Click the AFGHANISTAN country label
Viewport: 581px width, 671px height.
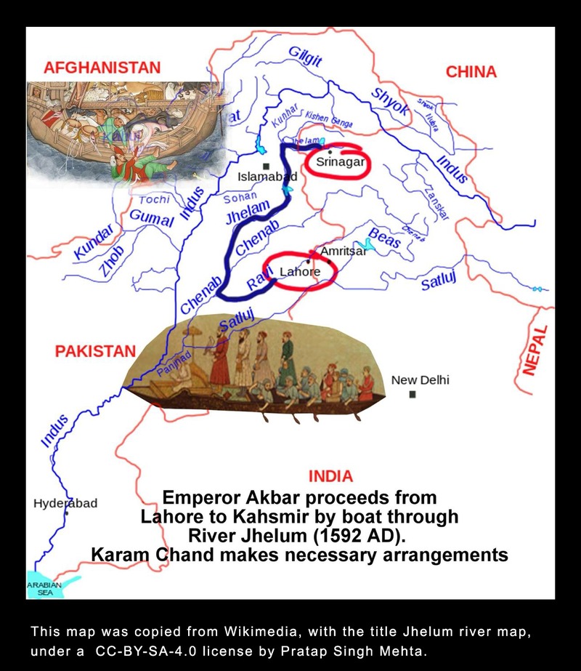[x=102, y=68]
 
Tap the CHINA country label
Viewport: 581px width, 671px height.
[x=471, y=72]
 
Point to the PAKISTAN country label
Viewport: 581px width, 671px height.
[x=95, y=351]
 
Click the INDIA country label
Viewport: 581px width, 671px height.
[x=330, y=477]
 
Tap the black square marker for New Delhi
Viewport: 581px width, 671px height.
[x=412, y=394]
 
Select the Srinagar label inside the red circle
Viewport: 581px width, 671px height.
[x=339, y=162]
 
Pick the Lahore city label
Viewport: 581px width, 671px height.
[x=299, y=272]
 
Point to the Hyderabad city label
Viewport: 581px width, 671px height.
[x=65, y=503]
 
